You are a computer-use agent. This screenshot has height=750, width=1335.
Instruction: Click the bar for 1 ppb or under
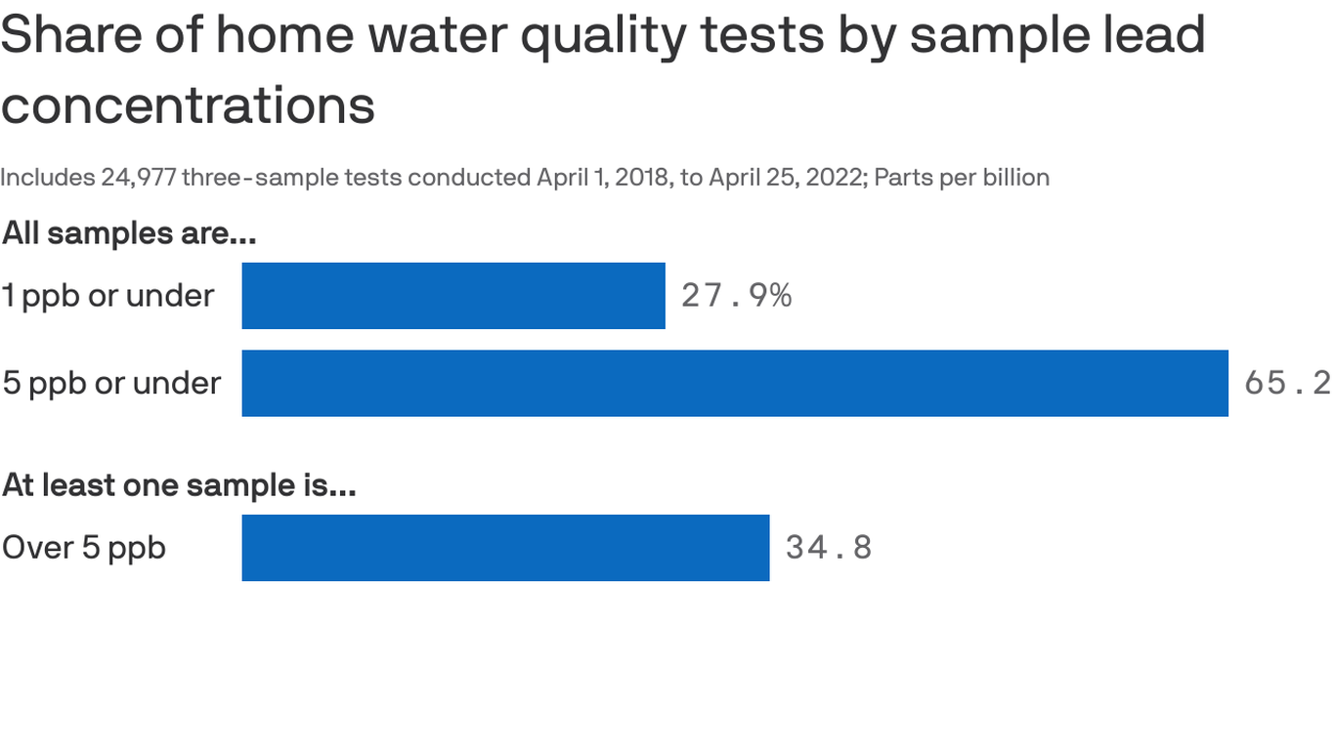(x=453, y=296)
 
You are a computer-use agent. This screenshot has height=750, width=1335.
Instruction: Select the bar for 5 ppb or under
(x=735, y=383)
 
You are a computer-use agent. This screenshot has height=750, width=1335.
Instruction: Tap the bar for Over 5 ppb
(x=505, y=548)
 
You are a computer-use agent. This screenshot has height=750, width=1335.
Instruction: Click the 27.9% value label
(x=736, y=296)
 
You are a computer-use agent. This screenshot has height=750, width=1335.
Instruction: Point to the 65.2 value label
(x=1287, y=383)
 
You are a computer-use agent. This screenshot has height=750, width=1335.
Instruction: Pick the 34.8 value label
(x=828, y=548)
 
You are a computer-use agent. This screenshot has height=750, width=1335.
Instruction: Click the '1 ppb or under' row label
(x=108, y=296)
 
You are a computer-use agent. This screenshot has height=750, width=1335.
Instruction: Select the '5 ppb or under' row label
(x=111, y=383)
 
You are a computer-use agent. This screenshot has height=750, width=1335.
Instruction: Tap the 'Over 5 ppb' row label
(x=84, y=548)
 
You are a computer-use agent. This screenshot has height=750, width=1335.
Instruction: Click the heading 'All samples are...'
(x=129, y=233)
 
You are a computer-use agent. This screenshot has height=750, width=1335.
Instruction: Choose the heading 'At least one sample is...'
(x=179, y=484)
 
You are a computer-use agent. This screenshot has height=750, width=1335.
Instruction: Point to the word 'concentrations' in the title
(x=188, y=105)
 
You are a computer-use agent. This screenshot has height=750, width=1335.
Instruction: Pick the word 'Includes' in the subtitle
(x=47, y=178)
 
